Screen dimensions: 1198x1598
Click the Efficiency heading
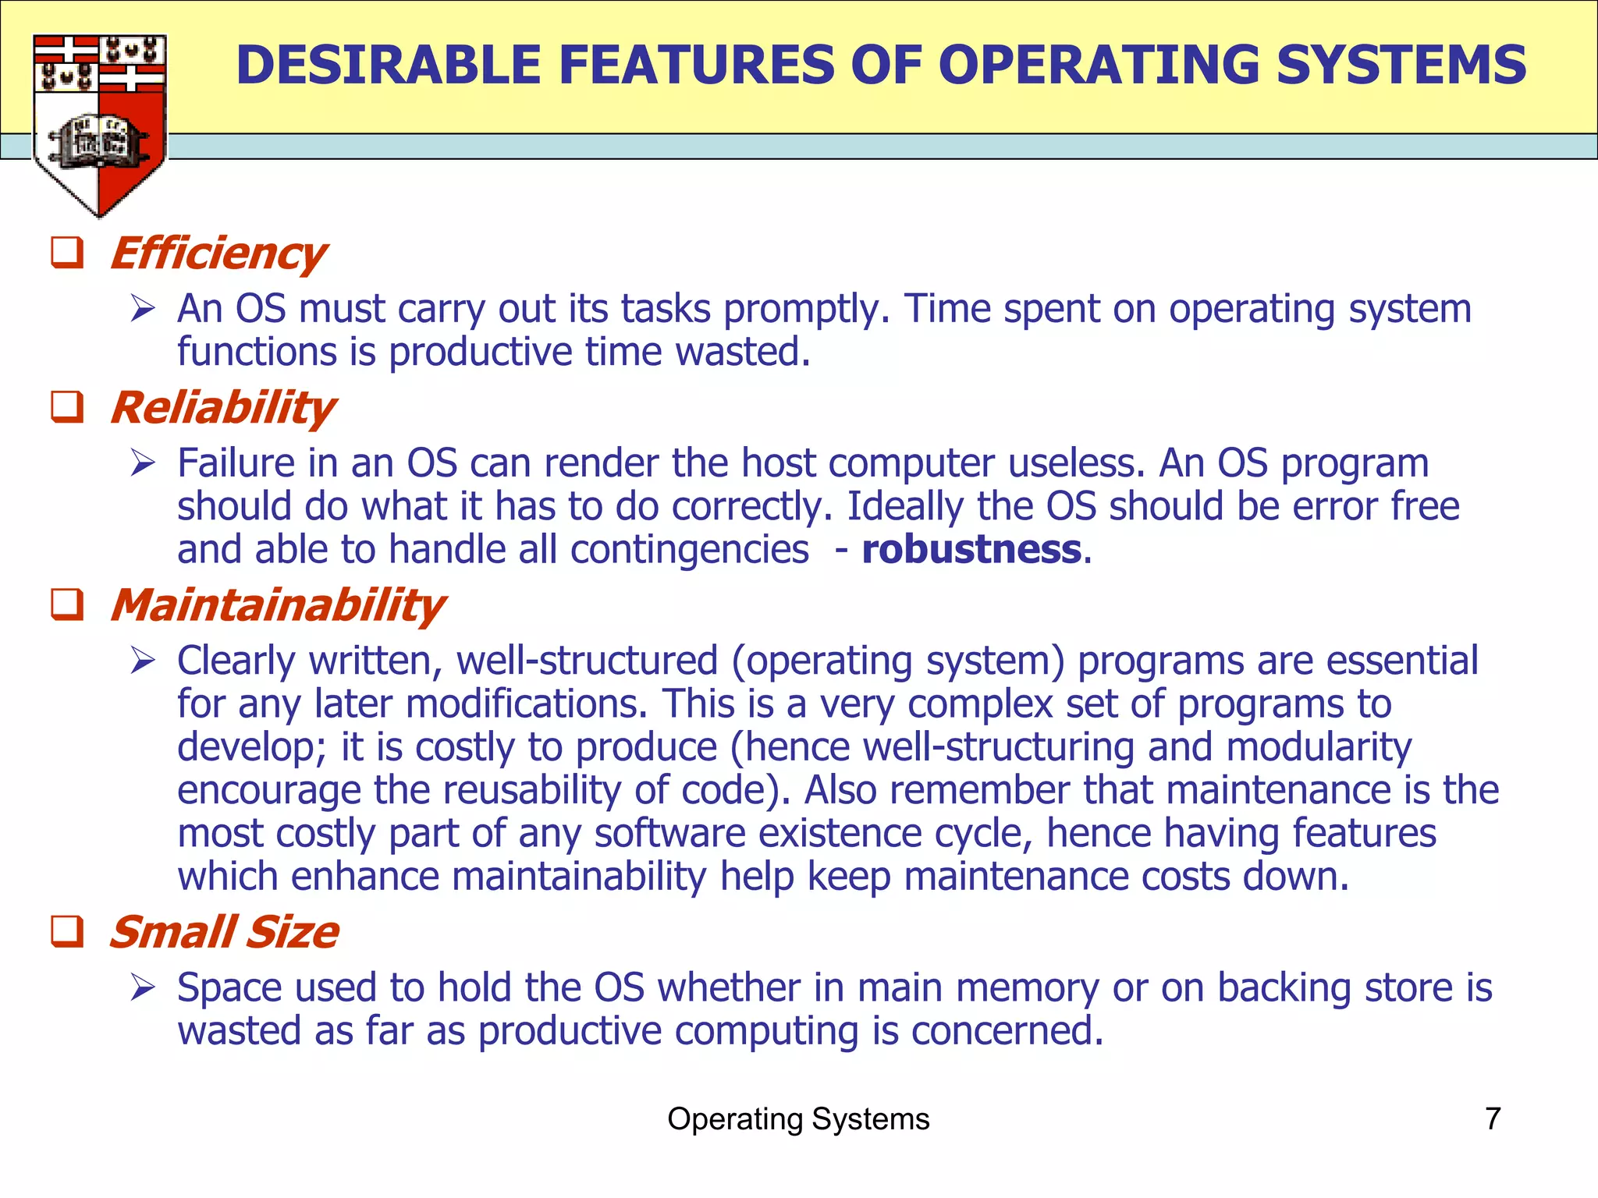[218, 253]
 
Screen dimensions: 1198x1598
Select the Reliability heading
[222, 408]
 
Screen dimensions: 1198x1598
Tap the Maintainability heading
[277, 605]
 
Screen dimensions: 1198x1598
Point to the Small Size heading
[223, 932]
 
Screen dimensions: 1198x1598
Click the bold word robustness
[971, 549]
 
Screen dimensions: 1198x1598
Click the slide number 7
[1492, 1118]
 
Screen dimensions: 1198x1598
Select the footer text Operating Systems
[798, 1118]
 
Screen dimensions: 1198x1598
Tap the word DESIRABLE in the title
[389, 65]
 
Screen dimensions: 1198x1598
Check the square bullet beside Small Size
[67, 931]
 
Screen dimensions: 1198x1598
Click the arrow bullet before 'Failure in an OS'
[144, 463]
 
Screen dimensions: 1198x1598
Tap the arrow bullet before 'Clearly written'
[144, 661]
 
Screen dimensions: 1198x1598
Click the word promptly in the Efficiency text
[806, 310]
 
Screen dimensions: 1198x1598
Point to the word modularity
[1319, 747]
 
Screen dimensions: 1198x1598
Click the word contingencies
[689, 549]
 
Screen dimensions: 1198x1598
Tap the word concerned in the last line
[1007, 1031]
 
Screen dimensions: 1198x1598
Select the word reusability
[532, 790]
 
